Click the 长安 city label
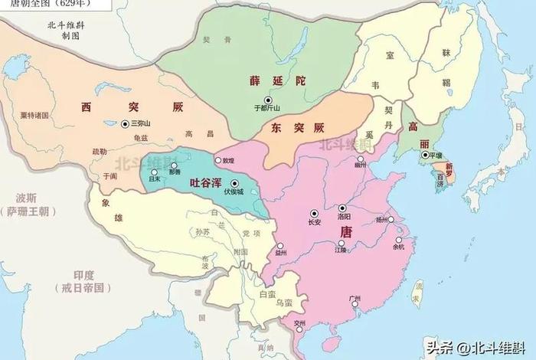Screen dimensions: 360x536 click(x=314, y=222)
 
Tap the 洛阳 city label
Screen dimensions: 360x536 click(x=344, y=217)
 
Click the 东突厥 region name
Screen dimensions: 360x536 click(x=293, y=128)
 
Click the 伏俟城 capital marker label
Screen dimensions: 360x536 click(x=233, y=192)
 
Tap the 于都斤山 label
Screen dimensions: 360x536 click(x=267, y=109)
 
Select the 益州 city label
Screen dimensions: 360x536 click(x=281, y=252)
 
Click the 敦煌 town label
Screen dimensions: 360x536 click(x=227, y=161)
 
